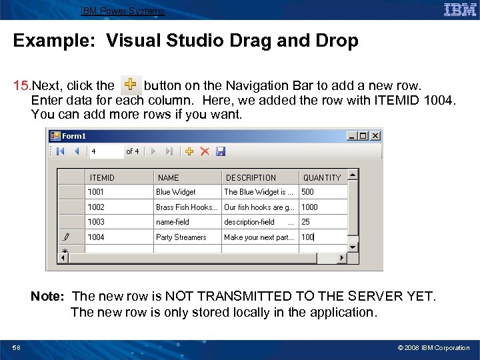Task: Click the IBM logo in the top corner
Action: coord(459,10)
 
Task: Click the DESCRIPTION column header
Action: coord(259,177)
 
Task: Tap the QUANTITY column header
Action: coord(323,177)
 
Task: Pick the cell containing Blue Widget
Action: coord(187,192)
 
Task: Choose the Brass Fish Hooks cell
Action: coord(187,207)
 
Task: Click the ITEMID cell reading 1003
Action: coord(119,222)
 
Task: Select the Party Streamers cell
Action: coord(187,237)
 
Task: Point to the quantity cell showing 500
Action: coord(323,192)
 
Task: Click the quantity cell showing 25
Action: coord(323,222)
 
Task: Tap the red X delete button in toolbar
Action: coord(205,151)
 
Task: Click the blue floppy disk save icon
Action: coord(221,151)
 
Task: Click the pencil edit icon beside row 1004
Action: coord(65,237)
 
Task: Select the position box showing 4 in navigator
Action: coord(106,151)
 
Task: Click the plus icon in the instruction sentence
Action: coord(130,85)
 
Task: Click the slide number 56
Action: coord(16,347)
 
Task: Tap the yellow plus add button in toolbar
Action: coord(189,151)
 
